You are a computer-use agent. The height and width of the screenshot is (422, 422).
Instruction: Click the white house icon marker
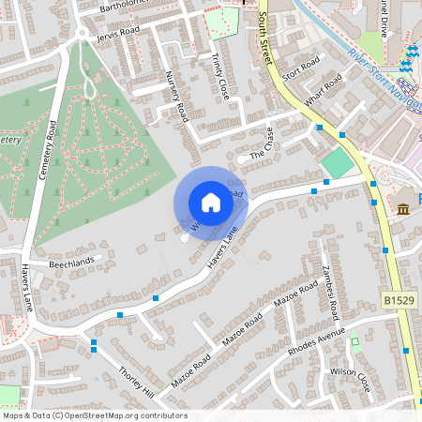click(211, 202)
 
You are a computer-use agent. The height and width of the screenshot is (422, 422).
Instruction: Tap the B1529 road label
click(398, 300)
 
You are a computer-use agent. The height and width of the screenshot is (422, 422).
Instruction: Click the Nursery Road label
click(176, 98)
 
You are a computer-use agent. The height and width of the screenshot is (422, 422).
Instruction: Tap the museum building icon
click(404, 208)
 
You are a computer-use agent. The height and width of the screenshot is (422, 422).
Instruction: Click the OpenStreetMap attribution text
click(95, 415)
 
